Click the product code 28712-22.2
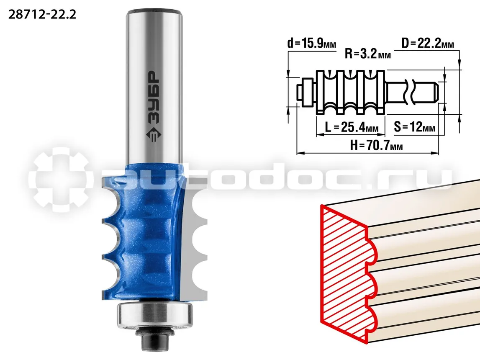42,14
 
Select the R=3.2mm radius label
368,54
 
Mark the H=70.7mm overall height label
377,145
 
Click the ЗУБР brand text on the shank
153,98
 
